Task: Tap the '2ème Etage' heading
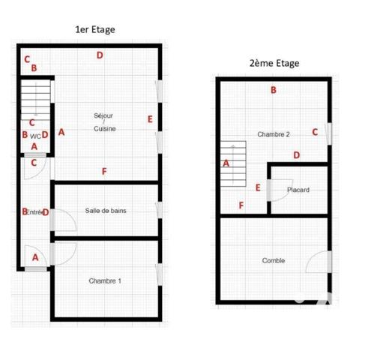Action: point(274,63)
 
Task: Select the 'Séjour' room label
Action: point(103,115)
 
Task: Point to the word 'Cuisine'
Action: point(104,129)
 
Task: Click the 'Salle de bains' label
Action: point(106,211)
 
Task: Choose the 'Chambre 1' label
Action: point(104,280)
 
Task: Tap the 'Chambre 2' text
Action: point(274,134)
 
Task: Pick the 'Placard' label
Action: point(298,190)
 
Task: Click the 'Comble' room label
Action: point(273,260)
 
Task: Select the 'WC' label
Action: point(35,136)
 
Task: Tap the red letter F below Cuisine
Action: point(104,172)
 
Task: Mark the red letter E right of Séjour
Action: point(150,118)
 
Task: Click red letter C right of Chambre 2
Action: point(314,132)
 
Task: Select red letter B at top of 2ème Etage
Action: point(274,90)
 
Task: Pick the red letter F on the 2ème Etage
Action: point(241,205)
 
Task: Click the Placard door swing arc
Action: point(278,191)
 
